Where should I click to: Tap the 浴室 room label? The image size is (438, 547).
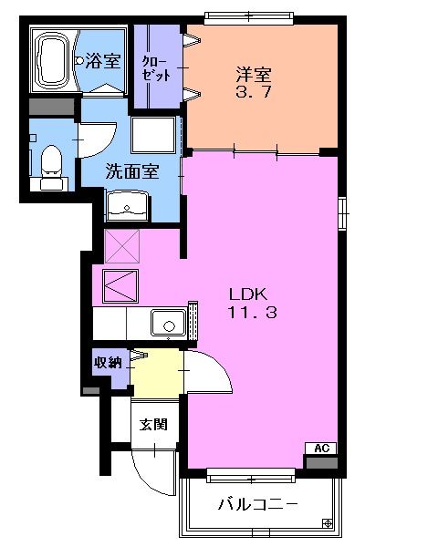coord(103,62)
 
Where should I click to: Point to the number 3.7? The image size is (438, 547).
coord(255,93)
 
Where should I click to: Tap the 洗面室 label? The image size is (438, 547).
coord(131,170)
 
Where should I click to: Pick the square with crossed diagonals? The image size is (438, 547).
coord(121,247)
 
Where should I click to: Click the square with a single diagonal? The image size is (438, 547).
coord(121,286)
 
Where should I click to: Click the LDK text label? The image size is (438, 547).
coord(247,294)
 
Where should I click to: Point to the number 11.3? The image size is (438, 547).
coord(247,313)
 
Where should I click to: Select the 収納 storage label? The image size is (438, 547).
coord(108,363)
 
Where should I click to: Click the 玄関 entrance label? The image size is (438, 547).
coord(151,424)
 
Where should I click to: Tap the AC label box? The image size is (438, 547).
coord(320,448)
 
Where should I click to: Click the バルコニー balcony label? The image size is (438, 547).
coord(257,504)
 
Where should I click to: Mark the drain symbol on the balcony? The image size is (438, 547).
coord(328,522)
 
